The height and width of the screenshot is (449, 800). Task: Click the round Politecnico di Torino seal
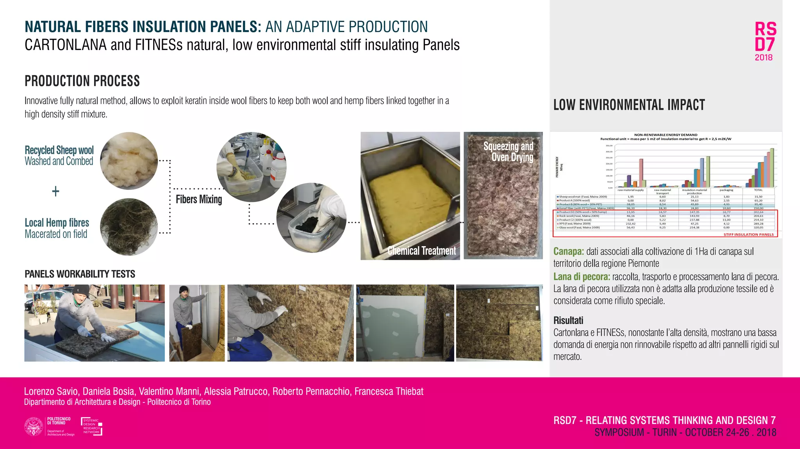click(x=34, y=426)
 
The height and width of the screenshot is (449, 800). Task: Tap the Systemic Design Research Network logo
click(x=91, y=426)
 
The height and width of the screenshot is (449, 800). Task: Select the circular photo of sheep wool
click(x=129, y=161)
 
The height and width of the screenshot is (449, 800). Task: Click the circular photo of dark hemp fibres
click(x=129, y=227)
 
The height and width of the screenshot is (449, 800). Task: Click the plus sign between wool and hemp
click(x=56, y=191)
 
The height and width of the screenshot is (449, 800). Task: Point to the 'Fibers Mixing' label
click(x=199, y=199)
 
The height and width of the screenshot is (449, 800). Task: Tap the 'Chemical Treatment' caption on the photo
click(x=421, y=251)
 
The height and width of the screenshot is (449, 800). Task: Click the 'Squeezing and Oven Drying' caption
click(x=508, y=152)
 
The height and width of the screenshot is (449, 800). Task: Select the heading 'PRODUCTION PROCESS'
click(x=82, y=81)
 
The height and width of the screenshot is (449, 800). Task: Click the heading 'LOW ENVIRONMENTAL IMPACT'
click(x=629, y=105)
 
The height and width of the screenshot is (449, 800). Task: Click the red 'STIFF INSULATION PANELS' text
click(x=748, y=234)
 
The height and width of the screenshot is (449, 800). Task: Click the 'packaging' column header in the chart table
click(x=726, y=190)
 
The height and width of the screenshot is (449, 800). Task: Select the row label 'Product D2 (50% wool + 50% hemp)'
click(x=583, y=212)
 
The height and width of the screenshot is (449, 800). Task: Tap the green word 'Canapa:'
click(x=568, y=252)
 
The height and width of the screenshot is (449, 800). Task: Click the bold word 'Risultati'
click(x=568, y=321)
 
